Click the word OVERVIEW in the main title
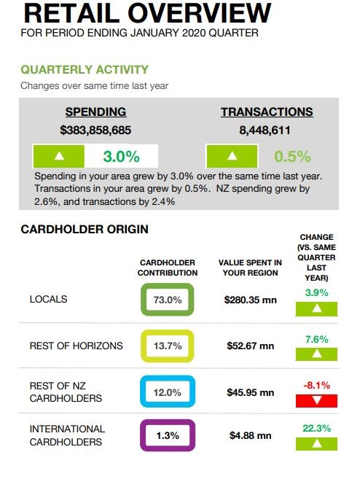pyautogui.click(x=200, y=13)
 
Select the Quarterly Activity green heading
pyautogui.click(x=85, y=70)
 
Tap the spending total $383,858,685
pyautogui.click(x=95, y=131)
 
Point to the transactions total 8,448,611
pyautogui.click(x=265, y=131)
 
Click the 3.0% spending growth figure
pyautogui.click(x=121, y=157)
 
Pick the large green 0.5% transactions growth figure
pyautogui.click(x=292, y=157)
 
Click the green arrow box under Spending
pyautogui.click(x=58, y=156)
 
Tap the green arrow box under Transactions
pyautogui.click(x=232, y=156)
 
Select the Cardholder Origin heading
pyautogui.click(x=85, y=229)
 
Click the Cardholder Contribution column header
pyautogui.click(x=168, y=268)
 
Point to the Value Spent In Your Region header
pyautogui.click(x=250, y=268)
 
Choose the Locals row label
pyautogui.click(x=48, y=299)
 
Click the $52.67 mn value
pyautogui.click(x=251, y=346)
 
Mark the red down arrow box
pyautogui.click(x=317, y=401)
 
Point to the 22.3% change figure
pyautogui.click(x=317, y=428)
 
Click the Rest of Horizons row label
pyautogui.click(x=76, y=346)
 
